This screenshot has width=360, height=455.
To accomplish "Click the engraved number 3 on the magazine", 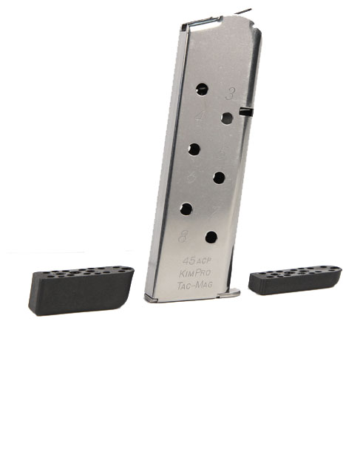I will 231,93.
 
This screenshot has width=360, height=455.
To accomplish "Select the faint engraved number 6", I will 191,178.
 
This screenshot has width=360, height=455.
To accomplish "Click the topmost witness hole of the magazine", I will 203,90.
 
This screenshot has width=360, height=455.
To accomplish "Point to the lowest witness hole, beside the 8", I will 211,237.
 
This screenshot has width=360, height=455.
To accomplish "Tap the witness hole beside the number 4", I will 227,118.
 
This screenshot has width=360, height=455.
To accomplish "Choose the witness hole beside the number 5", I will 194,149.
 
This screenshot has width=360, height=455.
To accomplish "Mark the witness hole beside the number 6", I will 220,178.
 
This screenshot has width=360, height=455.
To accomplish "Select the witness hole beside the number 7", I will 187,209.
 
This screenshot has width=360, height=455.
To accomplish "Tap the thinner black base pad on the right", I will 295,280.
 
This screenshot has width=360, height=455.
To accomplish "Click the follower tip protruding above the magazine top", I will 243,12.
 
